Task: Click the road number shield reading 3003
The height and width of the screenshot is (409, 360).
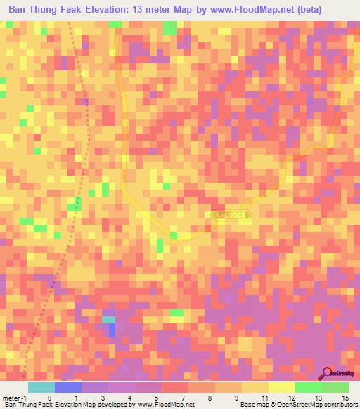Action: (x=231, y=214)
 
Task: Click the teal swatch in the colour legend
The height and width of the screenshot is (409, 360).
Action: (x=41, y=387)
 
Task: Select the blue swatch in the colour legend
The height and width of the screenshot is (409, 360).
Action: (x=68, y=387)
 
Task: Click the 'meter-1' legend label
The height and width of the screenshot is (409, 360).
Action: (x=15, y=398)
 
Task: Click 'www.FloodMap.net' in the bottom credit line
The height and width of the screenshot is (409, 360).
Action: (x=166, y=405)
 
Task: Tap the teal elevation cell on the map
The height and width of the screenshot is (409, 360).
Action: (x=108, y=320)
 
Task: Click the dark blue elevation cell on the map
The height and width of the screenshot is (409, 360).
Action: (x=112, y=330)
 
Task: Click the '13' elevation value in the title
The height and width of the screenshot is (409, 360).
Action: (x=162, y=10)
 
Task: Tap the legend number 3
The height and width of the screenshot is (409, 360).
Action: (x=103, y=398)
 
